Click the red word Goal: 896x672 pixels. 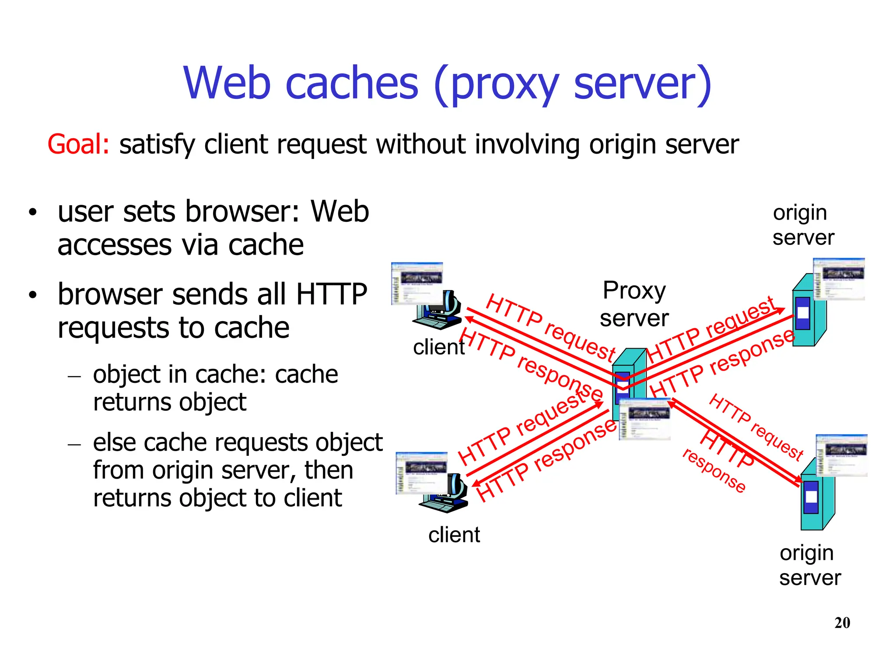(78, 144)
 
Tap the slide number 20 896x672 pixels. (842, 623)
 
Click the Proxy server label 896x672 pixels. (634, 304)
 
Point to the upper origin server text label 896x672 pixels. (803, 225)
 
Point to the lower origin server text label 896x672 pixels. (809, 565)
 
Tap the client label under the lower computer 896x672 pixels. (454, 535)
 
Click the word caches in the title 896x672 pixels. (352, 83)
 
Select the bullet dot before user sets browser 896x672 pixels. (32, 213)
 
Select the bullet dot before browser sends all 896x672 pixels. (32, 295)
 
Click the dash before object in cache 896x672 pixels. (75, 376)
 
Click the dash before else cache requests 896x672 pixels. (75, 444)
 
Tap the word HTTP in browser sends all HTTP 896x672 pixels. (331, 294)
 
